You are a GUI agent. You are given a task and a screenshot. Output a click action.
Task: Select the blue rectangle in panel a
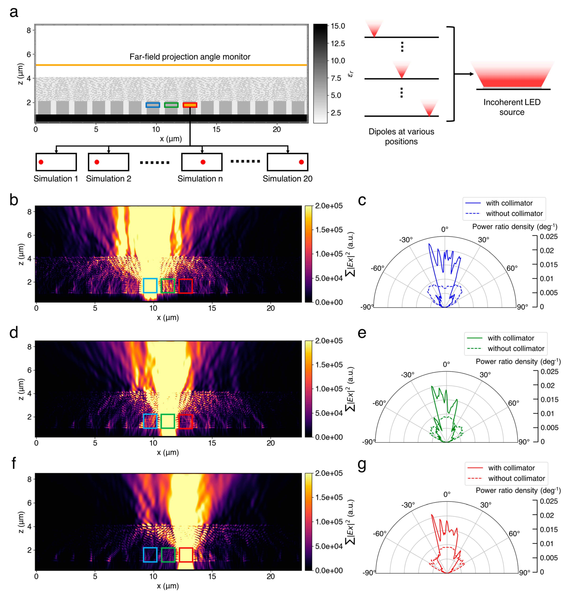(153, 105)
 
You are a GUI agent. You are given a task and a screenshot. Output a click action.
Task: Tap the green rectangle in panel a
(171, 105)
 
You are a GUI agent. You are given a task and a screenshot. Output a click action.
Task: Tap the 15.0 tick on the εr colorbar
(338, 26)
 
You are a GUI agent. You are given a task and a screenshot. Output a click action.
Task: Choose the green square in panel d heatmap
(168, 421)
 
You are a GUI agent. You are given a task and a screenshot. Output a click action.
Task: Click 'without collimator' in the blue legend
(514, 213)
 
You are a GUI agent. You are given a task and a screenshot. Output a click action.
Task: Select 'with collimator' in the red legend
(511, 468)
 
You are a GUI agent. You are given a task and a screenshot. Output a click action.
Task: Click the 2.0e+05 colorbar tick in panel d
(329, 341)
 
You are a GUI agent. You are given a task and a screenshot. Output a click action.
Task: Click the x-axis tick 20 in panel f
(270, 576)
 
